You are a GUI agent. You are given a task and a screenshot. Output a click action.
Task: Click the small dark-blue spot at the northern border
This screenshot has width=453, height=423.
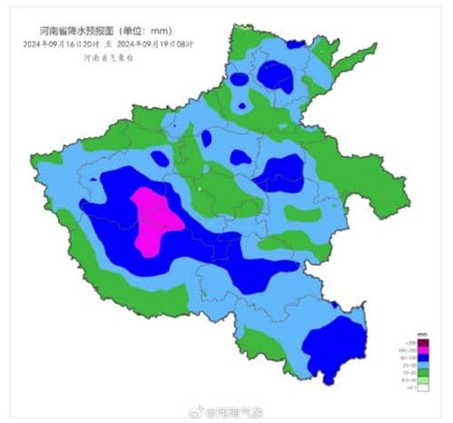pyautogui.click(x=294, y=43)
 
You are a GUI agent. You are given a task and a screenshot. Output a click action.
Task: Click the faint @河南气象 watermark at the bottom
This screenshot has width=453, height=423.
pyautogui.click(x=235, y=414)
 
